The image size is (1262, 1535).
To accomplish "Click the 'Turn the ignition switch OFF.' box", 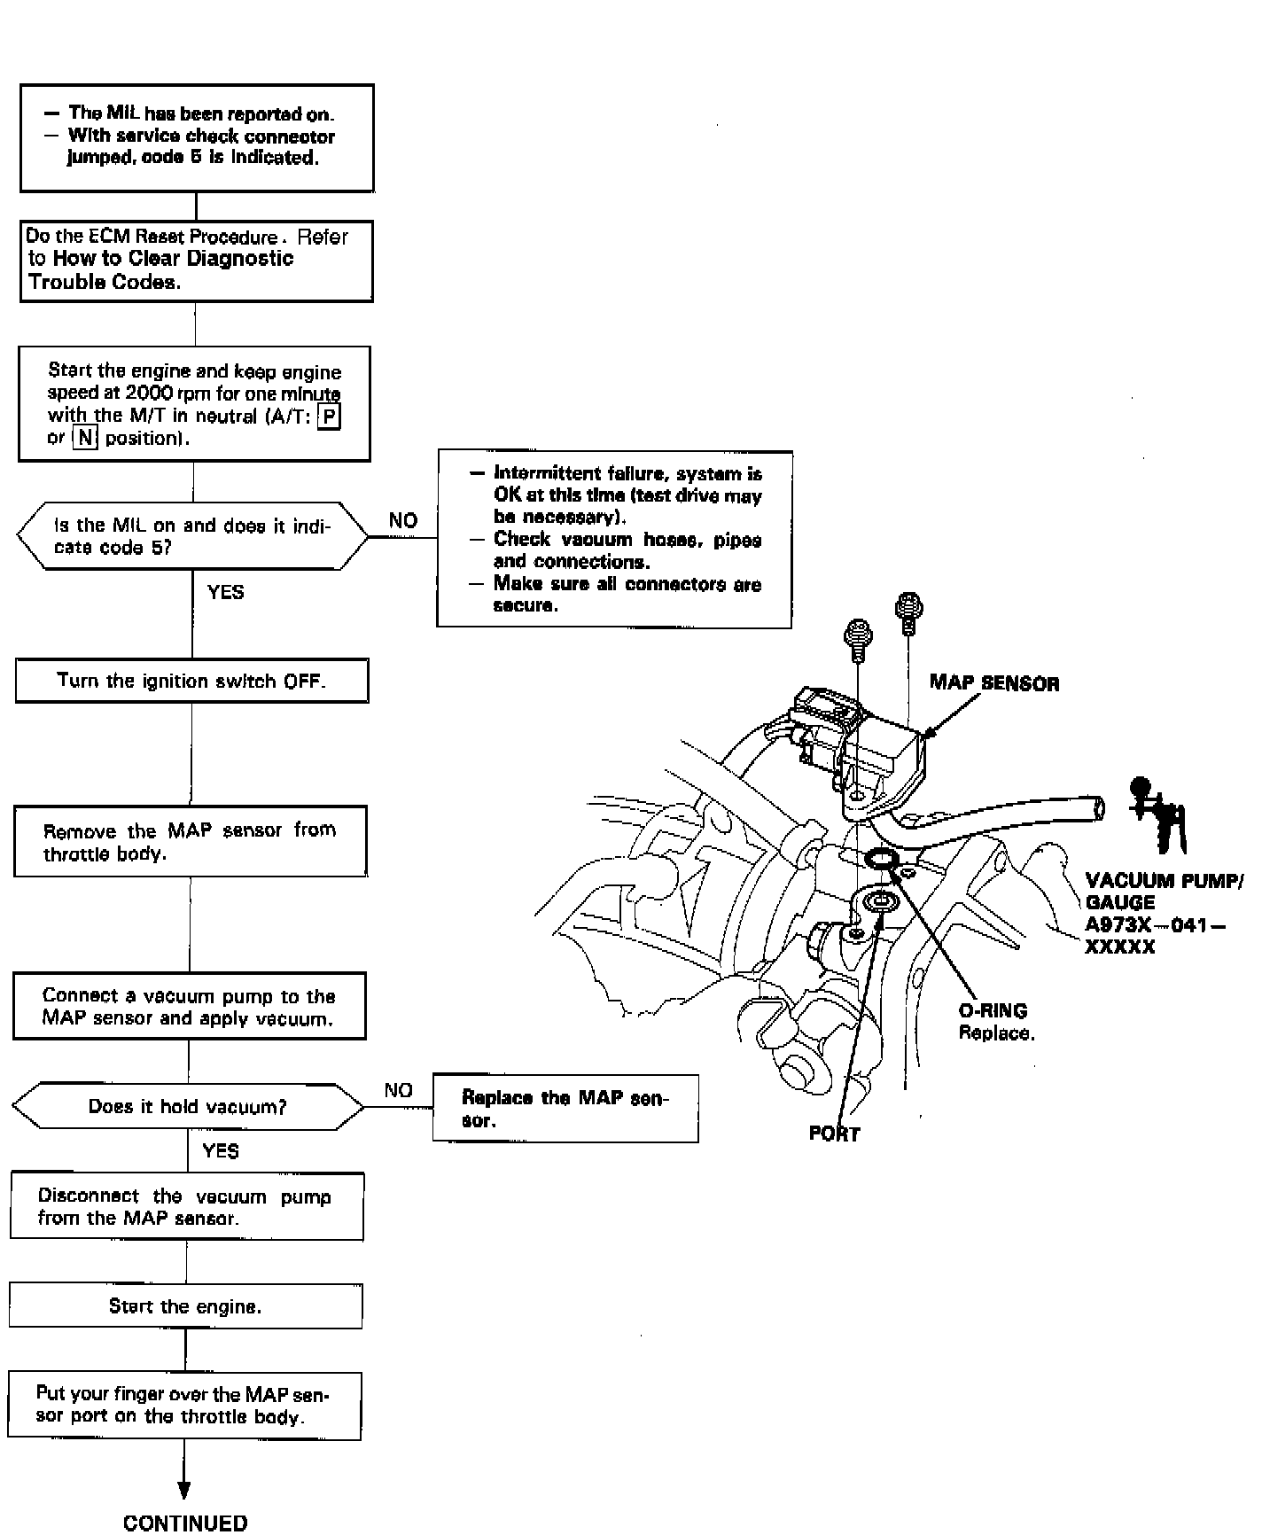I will tap(191, 681).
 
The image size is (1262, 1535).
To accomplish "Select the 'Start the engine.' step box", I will tap(185, 1306).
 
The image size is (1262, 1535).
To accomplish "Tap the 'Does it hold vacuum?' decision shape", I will tap(187, 1106).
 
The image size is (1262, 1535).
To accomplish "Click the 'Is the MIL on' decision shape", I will tap(191, 536).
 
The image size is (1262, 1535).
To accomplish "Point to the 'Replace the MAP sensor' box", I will tap(565, 1109).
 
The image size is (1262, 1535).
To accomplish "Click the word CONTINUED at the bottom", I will tap(185, 1523).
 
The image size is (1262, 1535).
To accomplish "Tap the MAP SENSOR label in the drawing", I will tap(993, 682).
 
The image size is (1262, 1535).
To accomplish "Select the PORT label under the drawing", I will tap(834, 1134).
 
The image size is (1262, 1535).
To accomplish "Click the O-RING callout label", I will tap(993, 1011).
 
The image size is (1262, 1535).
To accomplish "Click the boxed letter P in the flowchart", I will tap(329, 416).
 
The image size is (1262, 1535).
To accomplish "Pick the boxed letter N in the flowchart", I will tap(84, 438).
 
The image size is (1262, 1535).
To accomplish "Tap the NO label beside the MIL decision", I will tap(402, 521).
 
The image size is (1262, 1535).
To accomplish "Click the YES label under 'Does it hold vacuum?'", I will tap(221, 1150).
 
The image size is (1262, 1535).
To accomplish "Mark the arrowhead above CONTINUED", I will tap(185, 1491).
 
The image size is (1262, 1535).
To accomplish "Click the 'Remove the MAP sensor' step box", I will tap(191, 841).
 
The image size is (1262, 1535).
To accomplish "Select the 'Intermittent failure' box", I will tap(614, 539).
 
